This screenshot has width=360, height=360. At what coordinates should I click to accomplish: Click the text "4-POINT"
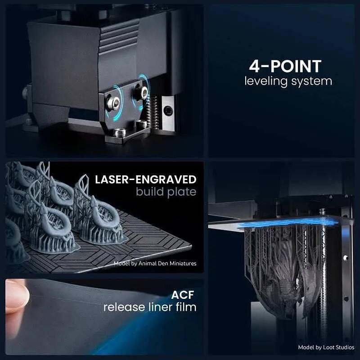[285, 66]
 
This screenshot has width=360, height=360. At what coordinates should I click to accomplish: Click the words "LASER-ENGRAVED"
[145, 180]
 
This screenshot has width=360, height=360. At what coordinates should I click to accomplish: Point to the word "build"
[150, 192]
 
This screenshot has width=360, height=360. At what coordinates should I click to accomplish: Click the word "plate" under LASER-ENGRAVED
[182, 193]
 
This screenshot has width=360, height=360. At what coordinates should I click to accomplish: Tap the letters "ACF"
[183, 295]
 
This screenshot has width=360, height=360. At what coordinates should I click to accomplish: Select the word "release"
[125, 307]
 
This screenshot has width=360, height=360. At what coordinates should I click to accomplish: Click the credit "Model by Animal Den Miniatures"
[155, 263]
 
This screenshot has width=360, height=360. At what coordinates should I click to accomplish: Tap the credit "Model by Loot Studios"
[326, 347]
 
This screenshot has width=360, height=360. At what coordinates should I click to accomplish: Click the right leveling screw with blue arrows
[144, 93]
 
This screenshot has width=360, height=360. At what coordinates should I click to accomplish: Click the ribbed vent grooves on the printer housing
[119, 36]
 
